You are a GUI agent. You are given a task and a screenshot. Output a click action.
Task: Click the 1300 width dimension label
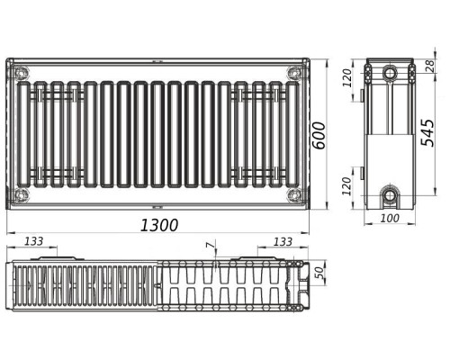[x=159, y=225]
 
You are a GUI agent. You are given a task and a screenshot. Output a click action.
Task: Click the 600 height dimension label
[x=319, y=135]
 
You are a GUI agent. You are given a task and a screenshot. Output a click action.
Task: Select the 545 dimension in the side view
[x=427, y=132]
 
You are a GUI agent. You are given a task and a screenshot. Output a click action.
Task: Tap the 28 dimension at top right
[x=430, y=66]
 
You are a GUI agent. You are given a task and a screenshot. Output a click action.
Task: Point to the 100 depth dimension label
[x=390, y=218]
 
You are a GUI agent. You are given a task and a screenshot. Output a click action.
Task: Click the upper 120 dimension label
[x=346, y=78]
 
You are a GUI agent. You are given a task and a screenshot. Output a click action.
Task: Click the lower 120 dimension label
[x=346, y=186]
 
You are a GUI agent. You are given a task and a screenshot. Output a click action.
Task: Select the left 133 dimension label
[x=33, y=241]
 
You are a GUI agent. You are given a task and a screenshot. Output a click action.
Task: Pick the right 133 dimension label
[x=283, y=241]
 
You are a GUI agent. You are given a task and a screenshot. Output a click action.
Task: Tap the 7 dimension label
[x=211, y=246]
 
